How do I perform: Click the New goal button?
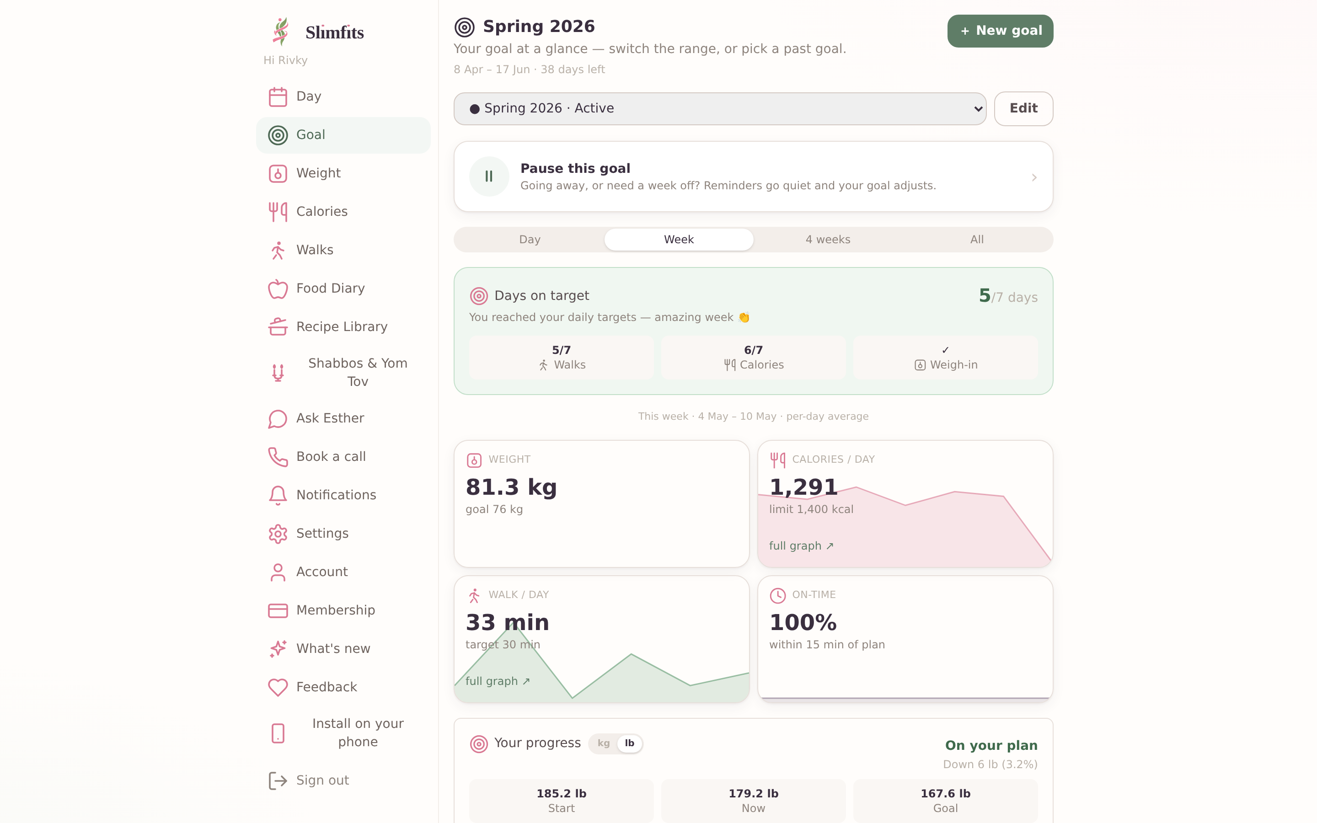[1000, 31]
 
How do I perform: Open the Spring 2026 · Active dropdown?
[719, 108]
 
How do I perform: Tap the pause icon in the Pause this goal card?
[489, 176]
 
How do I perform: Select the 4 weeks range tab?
[828, 240]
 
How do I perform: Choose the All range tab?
[977, 240]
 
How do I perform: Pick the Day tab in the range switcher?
[530, 240]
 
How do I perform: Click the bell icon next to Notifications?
[278, 495]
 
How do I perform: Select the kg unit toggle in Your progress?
[604, 743]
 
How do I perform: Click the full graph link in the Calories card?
[801, 546]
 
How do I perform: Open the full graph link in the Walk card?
[498, 681]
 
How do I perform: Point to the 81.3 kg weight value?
[511, 486]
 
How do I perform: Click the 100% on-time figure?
[803, 622]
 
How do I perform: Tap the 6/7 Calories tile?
[753, 358]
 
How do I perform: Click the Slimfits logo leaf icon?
[280, 32]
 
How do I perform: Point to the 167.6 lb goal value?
[945, 794]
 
